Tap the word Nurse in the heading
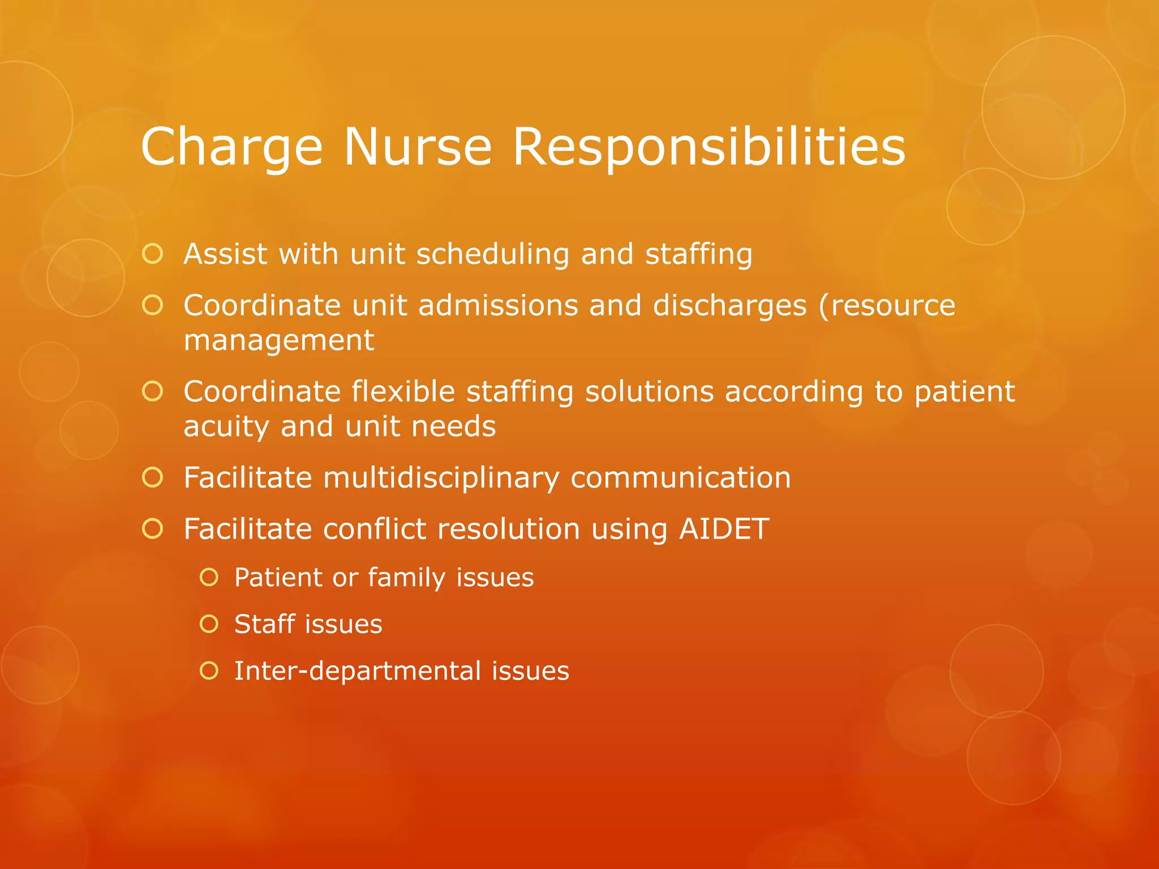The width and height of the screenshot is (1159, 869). tap(418, 147)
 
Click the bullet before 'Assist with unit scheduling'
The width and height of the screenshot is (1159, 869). tap(153, 254)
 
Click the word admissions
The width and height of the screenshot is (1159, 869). tap(497, 306)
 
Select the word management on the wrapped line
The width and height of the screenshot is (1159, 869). tap(279, 341)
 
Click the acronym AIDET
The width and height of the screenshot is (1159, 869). tap(724, 530)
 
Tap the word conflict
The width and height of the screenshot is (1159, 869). tap(375, 530)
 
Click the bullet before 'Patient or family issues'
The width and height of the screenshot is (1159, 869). tap(209, 578)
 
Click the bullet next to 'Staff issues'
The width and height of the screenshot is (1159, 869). tap(209, 625)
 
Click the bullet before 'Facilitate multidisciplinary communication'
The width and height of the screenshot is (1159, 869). tap(153, 478)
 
